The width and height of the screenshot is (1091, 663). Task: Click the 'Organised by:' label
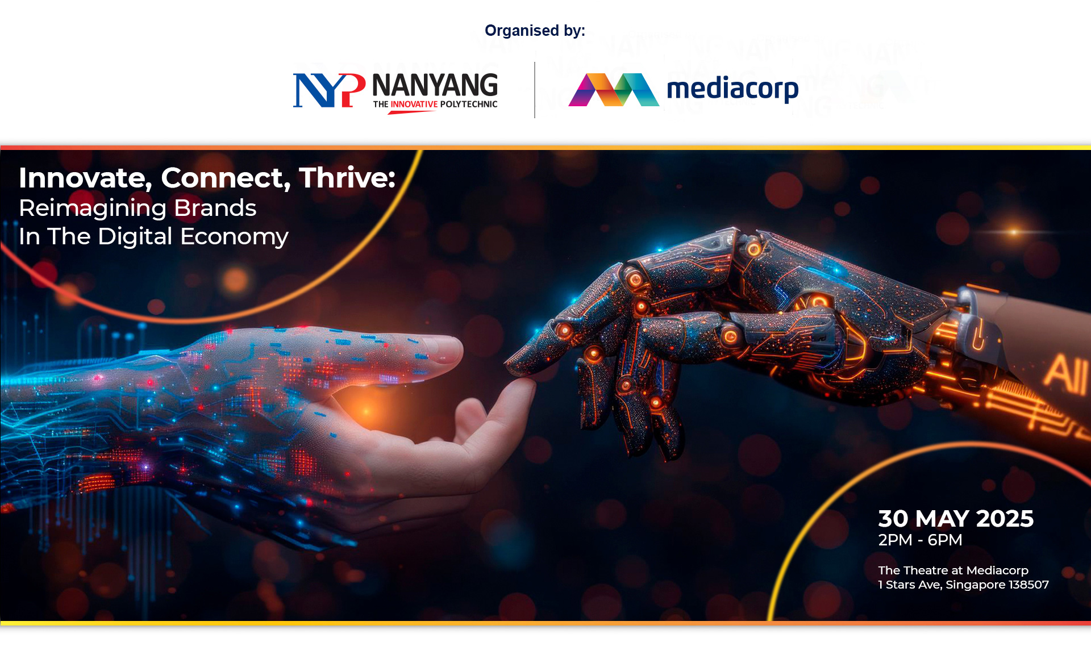tap(535, 31)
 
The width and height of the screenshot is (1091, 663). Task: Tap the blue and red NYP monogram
tap(329, 90)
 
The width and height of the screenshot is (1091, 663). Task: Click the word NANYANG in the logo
tap(435, 85)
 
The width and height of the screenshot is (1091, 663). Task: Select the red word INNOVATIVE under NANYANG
tap(414, 105)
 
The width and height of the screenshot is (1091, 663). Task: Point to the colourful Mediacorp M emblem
tap(614, 90)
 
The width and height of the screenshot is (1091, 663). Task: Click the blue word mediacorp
tap(732, 89)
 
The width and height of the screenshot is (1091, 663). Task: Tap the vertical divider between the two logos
tap(535, 90)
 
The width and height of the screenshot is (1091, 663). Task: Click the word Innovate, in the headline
tap(86, 178)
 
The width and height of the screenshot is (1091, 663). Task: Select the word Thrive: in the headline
tap(347, 178)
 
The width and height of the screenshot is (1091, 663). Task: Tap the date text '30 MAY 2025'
tap(956, 519)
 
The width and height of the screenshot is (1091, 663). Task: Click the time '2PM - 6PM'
tap(920, 540)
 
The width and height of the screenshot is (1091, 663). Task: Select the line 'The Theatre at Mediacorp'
tap(953, 570)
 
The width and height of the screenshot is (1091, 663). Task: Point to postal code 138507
tap(1028, 585)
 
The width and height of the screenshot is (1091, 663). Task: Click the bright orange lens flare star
tap(1014, 232)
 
